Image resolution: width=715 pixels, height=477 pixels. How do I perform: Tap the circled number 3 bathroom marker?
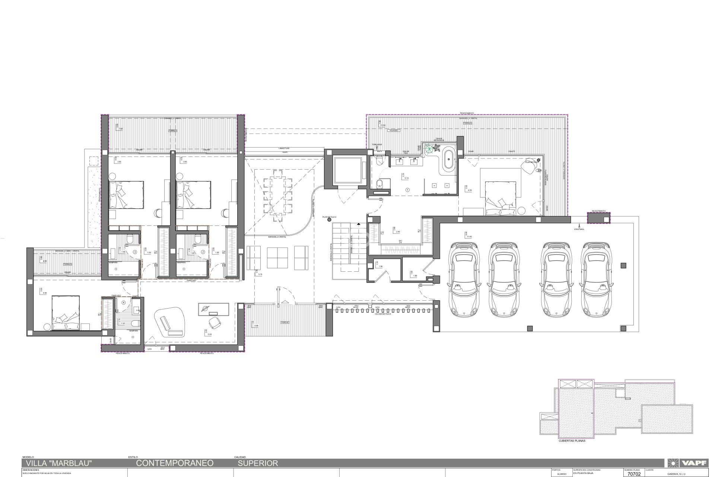(x=135, y=252)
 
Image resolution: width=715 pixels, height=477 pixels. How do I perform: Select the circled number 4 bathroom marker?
(x=123, y=302)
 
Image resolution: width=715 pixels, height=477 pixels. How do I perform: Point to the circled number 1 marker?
(x=407, y=190)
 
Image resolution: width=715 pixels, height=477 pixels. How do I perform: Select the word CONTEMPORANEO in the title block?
(x=175, y=463)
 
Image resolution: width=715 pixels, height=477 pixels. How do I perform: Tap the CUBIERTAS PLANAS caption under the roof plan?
(x=572, y=441)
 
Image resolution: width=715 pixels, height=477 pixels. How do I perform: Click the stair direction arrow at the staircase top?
(x=358, y=224)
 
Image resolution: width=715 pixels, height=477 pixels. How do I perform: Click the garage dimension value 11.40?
(x=469, y=237)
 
